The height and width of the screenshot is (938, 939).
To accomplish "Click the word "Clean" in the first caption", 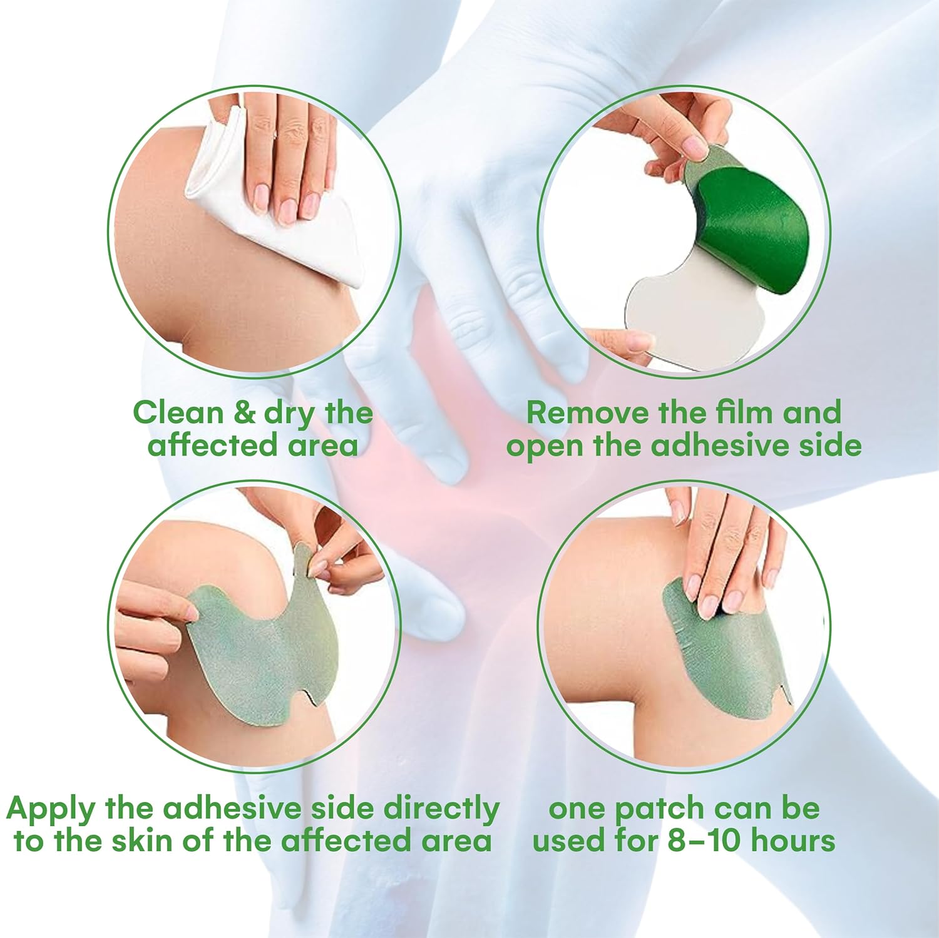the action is (178, 413).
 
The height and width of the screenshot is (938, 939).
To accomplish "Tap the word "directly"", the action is (441, 810).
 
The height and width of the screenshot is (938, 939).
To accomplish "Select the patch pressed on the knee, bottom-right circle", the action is (726, 657).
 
